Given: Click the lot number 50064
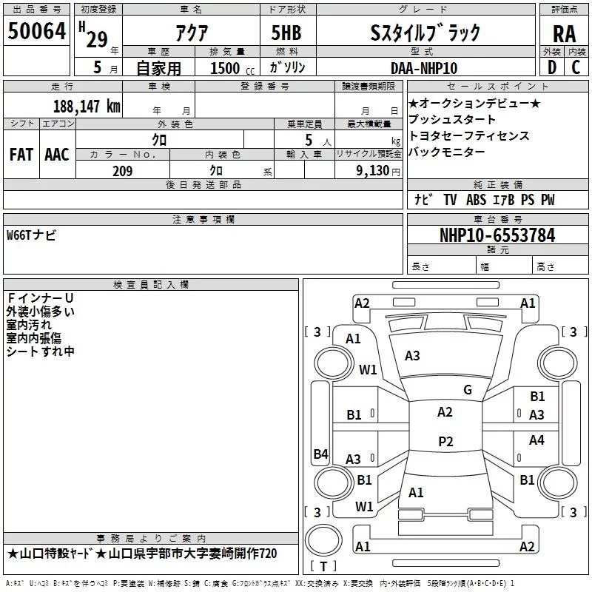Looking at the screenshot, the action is coord(37,31).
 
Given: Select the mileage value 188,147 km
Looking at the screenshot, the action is coord(87,106).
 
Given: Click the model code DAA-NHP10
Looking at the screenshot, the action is coord(424,68).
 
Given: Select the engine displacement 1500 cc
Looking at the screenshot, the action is coord(226,68).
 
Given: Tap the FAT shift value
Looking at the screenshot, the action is coord(21,154).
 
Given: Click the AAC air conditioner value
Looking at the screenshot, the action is coord(56,154).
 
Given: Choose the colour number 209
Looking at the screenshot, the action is coord(122,171).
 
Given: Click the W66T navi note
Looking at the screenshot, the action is coord(31,235).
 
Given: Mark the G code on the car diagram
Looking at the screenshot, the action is coord(467,390).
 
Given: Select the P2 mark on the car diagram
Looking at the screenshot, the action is coord(445,442).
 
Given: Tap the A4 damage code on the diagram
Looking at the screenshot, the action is coord(536,440).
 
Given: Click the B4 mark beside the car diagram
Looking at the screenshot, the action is coord(320,454).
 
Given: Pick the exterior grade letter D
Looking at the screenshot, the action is coord(551,68).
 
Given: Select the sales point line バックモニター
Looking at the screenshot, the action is coord(447,152).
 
